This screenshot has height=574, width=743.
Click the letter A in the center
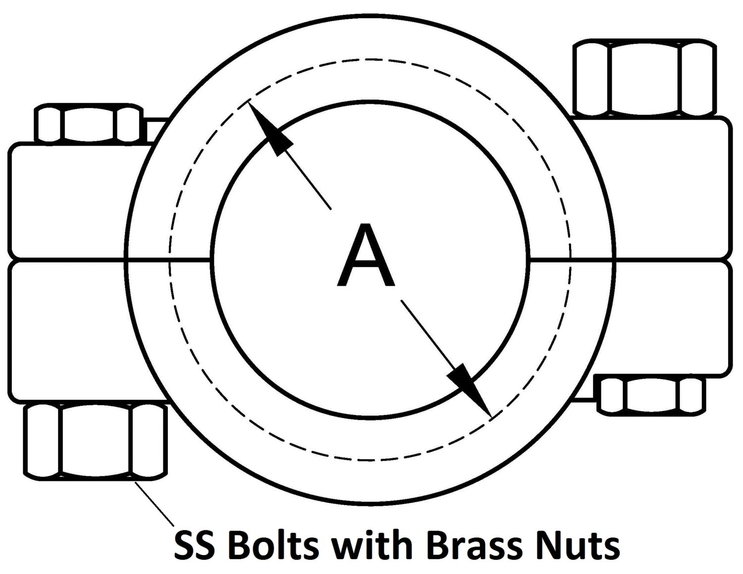pyautogui.click(x=366, y=257)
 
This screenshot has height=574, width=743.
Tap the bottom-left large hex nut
pyautogui.click(x=95, y=441)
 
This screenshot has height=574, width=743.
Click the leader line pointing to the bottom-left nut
pyautogui.click(x=155, y=504)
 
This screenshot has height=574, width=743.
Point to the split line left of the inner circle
pyautogui.click(x=168, y=259)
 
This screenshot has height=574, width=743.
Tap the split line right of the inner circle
pyautogui.click(x=570, y=259)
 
